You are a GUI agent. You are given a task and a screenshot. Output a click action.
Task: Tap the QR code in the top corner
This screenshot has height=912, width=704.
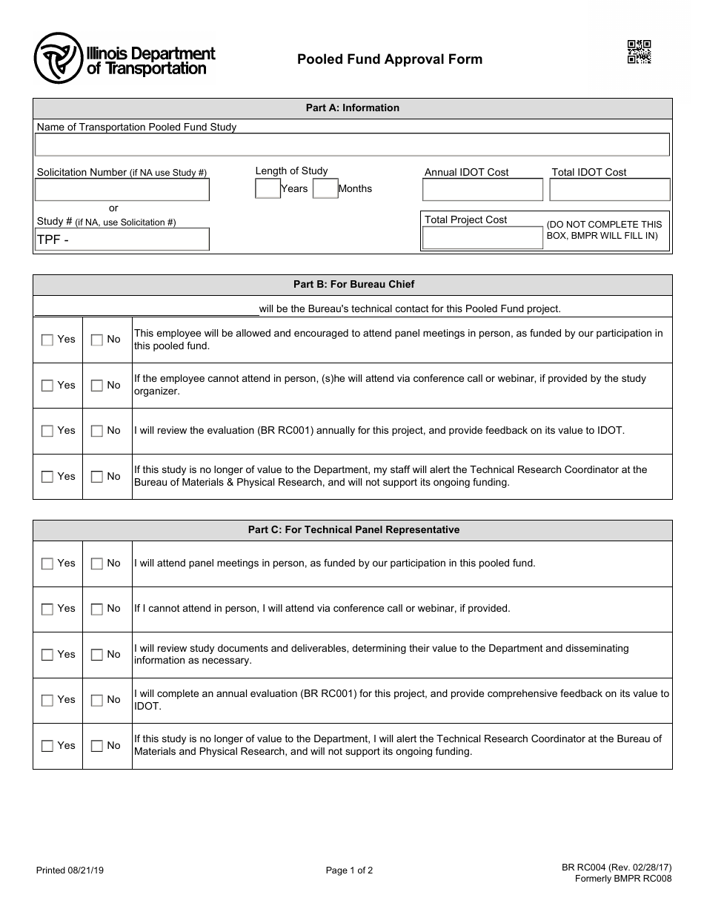(x=639, y=52)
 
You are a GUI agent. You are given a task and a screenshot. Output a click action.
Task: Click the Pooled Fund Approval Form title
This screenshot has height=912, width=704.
(x=390, y=59)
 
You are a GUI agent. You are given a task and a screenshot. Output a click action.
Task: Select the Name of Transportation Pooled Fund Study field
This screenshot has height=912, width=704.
(x=353, y=145)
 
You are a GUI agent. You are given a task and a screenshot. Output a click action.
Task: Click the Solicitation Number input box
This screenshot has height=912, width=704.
(x=122, y=190)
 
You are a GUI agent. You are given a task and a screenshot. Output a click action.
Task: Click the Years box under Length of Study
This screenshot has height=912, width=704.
(x=268, y=189)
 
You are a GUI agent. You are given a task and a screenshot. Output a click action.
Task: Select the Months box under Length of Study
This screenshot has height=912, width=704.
(x=325, y=189)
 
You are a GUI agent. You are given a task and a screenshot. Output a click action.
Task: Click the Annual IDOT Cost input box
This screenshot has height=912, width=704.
(x=482, y=190)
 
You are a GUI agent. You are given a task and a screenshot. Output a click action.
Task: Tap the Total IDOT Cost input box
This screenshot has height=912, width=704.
(x=610, y=190)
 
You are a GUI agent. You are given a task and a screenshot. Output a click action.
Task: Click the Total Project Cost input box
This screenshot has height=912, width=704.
(x=482, y=237)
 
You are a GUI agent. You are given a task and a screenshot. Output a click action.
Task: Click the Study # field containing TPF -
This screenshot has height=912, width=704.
(x=122, y=239)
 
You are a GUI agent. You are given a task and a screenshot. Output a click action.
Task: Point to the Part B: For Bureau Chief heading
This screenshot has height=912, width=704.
(x=353, y=284)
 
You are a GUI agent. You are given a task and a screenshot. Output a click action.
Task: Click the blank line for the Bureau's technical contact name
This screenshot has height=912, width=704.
(x=146, y=308)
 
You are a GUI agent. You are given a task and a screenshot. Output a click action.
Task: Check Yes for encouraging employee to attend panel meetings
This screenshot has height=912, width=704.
(x=47, y=340)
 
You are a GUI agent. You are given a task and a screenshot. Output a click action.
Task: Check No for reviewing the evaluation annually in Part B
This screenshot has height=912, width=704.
(x=97, y=432)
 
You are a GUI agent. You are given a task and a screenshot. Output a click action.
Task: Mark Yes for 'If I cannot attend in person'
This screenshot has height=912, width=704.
(x=47, y=609)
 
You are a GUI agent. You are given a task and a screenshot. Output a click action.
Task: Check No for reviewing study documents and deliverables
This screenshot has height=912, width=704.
(x=97, y=655)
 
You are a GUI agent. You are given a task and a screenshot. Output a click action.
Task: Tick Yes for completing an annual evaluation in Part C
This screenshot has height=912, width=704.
(x=47, y=701)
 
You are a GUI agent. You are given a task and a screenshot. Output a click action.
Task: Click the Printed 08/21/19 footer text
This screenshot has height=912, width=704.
(x=70, y=871)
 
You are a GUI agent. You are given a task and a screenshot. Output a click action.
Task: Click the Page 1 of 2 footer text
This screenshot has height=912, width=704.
(x=349, y=871)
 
